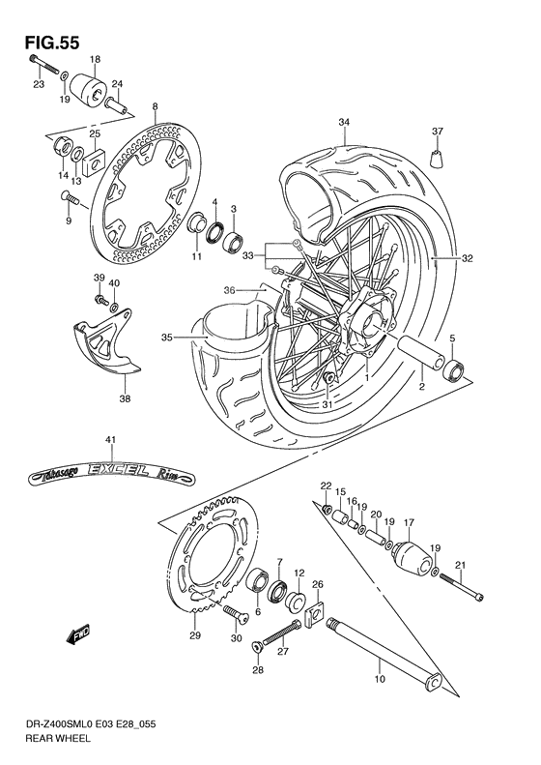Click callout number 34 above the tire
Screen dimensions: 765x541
click(343, 122)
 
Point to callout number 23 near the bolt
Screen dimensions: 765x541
click(39, 84)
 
